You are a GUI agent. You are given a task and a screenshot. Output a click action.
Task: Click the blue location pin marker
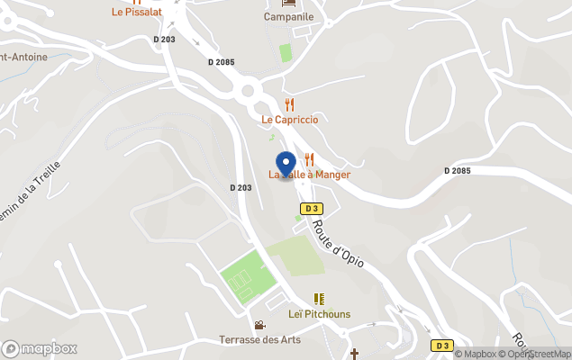[x=286, y=165]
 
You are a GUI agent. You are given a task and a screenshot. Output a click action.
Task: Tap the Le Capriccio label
[x=290, y=120]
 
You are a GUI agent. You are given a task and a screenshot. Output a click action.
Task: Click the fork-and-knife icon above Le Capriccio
[x=289, y=104]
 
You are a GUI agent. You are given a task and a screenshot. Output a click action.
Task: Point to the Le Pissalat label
[x=135, y=13]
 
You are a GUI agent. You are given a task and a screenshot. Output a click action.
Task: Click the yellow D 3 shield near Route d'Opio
[x=312, y=208]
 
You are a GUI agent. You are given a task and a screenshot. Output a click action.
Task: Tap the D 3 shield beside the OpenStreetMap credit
[x=440, y=345]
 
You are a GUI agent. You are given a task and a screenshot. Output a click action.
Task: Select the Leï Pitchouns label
[x=319, y=314]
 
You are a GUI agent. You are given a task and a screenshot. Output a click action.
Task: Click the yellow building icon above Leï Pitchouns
[x=319, y=299]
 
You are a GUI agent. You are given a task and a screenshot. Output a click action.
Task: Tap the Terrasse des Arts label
[x=259, y=339]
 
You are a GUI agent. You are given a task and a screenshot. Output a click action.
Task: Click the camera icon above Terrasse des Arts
[x=259, y=325]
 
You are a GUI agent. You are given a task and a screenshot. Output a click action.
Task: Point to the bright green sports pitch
[x=246, y=280]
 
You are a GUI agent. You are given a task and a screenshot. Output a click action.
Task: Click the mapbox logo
[x=40, y=348]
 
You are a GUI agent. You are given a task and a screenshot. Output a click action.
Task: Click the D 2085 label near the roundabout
[x=221, y=62]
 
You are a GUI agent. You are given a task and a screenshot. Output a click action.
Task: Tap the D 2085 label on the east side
[x=458, y=171]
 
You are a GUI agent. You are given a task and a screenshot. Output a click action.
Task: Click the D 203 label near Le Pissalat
[x=165, y=40]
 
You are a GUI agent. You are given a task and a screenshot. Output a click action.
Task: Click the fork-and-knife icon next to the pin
[x=309, y=159]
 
